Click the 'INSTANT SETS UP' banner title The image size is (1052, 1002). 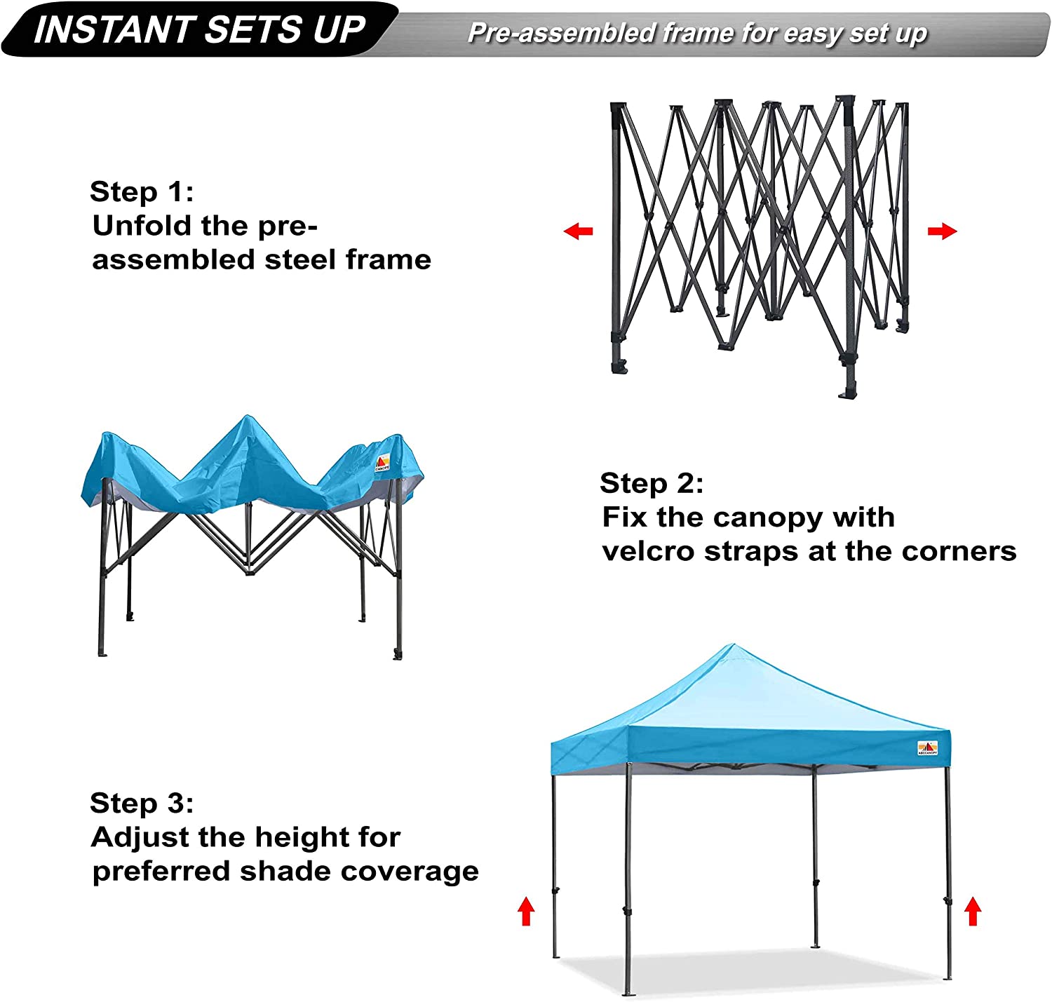tap(200, 29)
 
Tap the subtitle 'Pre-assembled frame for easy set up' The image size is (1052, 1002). tap(697, 33)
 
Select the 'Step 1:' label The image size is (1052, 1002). tap(141, 191)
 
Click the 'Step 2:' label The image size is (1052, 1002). tap(651, 483)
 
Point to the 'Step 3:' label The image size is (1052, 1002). tap(141, 803)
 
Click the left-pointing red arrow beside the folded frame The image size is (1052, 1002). tap(579, 231)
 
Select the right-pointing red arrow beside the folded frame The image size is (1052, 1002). tap(942, 231)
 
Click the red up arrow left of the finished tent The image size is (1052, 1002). tap(526, 912)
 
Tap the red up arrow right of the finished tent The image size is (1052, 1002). tap(972, 912)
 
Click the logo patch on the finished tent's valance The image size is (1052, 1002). tap(927, 748)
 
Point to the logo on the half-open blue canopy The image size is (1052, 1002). tap(382, 463)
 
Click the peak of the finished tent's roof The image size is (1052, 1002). tap(731, 646)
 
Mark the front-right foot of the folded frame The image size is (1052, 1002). tap(849, 389)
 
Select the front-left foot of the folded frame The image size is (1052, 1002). tap(618, 367)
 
